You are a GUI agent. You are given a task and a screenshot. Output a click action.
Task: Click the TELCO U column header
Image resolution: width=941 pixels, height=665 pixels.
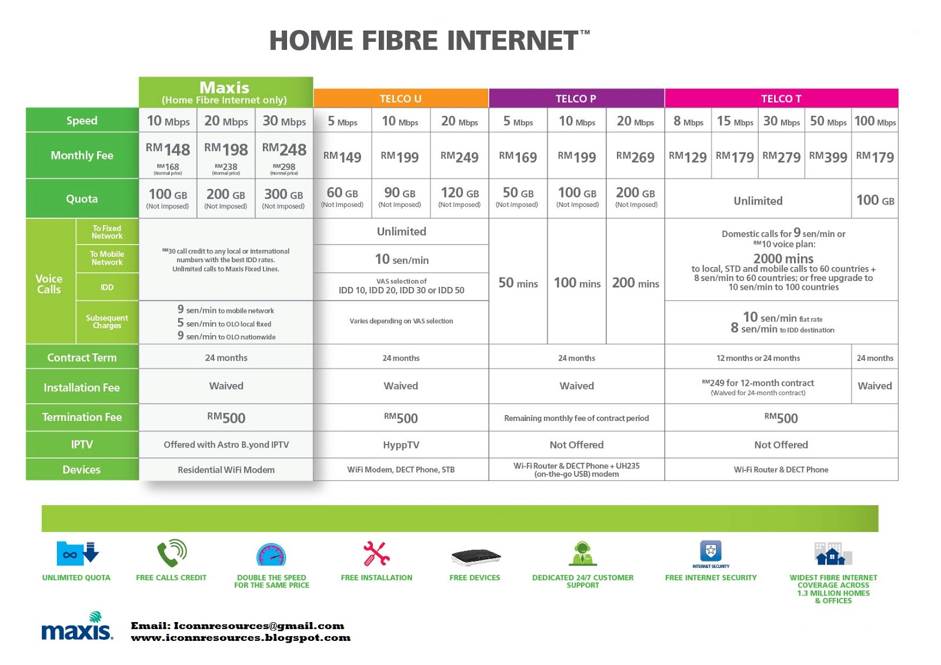click(401, 98)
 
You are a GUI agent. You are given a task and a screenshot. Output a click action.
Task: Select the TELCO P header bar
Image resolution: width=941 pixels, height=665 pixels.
click(576, 98)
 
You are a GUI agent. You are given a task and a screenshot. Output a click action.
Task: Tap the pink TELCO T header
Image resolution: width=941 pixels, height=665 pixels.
click(781, 98)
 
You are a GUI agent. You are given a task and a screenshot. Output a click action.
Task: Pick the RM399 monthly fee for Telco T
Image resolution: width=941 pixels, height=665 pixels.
click(828, 157)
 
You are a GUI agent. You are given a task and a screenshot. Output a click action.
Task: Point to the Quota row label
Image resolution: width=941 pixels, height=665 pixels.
click(82, 199)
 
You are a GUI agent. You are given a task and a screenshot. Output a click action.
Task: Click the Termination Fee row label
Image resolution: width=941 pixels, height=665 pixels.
click(82, 417)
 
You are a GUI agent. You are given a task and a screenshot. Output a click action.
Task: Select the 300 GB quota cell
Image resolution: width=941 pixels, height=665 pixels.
click(283, 198)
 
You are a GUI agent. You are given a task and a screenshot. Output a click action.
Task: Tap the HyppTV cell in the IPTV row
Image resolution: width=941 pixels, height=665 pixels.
click(401, 445)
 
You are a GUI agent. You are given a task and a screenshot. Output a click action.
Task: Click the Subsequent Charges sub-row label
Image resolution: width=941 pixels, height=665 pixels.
click(107, 322)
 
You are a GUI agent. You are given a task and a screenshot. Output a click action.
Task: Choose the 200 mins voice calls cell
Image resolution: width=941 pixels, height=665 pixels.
click(635, 283)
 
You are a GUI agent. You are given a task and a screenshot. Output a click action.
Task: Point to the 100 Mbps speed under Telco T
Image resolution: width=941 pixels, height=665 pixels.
click(875, 121)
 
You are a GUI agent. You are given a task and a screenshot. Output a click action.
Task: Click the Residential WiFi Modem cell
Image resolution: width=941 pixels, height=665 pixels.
click(226, 470)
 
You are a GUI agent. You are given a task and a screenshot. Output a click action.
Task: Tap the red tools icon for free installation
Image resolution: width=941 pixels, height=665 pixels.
click(376, 553)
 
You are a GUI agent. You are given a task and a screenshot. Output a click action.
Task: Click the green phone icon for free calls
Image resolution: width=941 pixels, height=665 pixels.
click(171, 553)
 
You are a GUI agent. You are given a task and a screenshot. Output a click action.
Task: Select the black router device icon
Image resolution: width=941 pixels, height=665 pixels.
click(475, 557)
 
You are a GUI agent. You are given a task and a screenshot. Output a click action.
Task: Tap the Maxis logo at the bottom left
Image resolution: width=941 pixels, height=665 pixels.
click(77, 627)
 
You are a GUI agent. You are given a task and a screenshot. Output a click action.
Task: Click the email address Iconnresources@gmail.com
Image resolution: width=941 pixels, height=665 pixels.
click(259, 626)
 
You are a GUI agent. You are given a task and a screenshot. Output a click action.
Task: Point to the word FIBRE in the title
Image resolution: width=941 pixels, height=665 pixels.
click(400, 41)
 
